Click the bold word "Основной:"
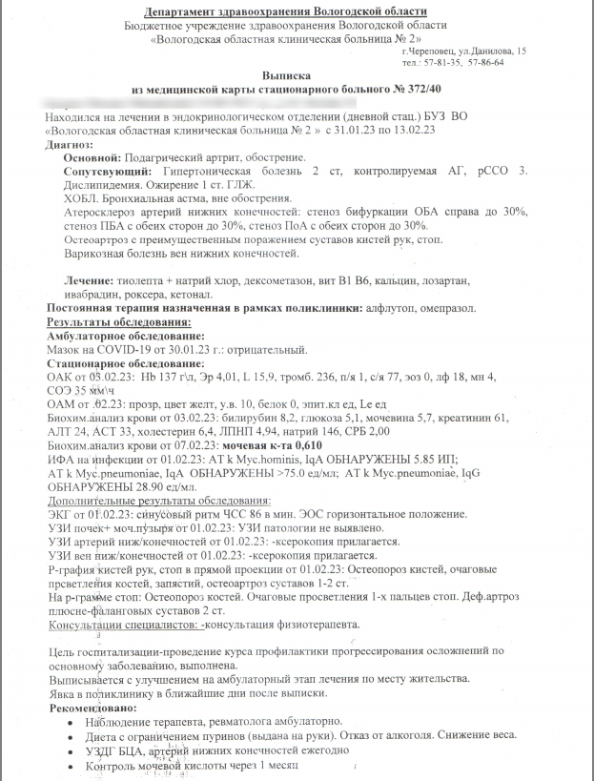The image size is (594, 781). pos(92,156)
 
